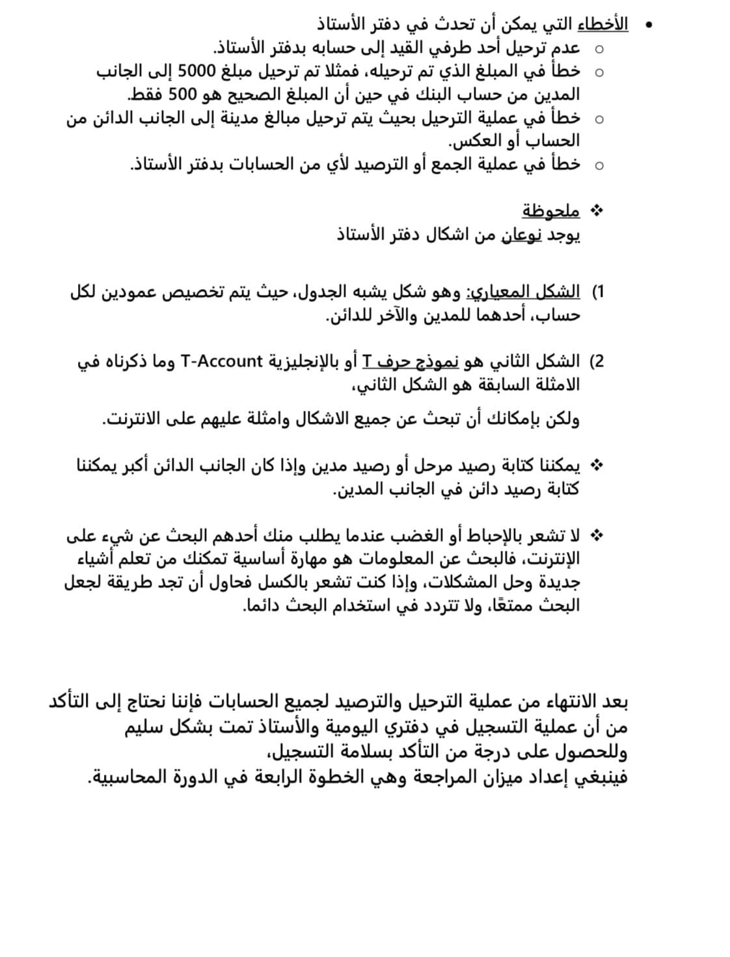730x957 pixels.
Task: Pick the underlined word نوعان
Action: [x=521, y=234]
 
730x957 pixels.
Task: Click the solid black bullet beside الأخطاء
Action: [x=647, y=25]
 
